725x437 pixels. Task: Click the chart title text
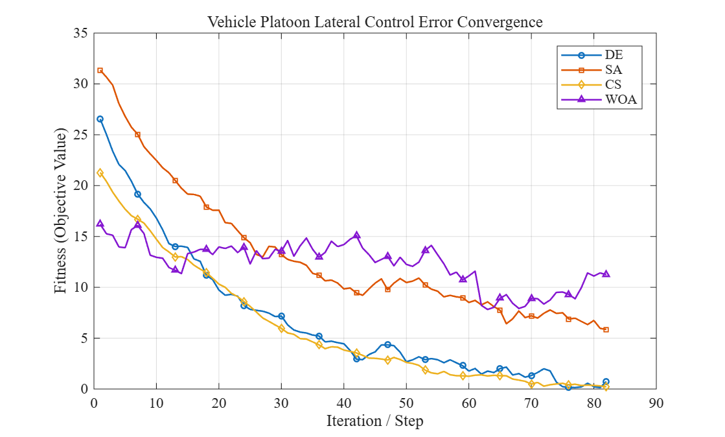(x=374, y=22)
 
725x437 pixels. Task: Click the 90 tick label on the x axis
(x=656, y=403)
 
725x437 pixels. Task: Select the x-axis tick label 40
(x=343, y=403)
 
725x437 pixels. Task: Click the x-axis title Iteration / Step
(x=375, y=421)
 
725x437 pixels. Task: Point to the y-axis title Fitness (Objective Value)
(x=60, y=211)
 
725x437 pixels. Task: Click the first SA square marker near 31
(x=100, y=71)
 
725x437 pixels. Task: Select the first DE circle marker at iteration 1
(x=100, y=119)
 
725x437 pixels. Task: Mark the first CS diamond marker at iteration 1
(x=100, y=172)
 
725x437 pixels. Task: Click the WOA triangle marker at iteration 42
(x=356, y=235)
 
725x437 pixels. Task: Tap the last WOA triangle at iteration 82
(x=606, y=274)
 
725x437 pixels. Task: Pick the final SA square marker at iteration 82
(x=606, y=329)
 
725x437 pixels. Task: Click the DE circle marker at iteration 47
(x=387, y=344)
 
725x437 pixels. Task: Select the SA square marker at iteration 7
(x=137, y=134)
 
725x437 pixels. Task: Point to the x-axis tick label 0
(x=94, y=403)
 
